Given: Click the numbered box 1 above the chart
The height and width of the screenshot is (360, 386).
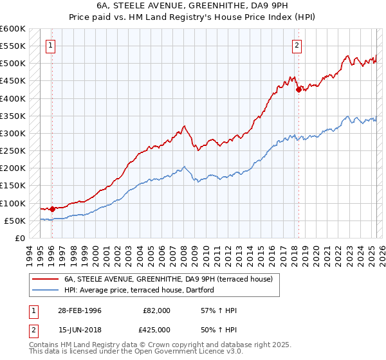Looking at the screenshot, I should click(x=50, y=45).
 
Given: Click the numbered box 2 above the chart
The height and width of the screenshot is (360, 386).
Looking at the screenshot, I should click(x=297, y=45).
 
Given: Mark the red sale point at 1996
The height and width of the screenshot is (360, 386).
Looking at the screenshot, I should click(x=52, y=209).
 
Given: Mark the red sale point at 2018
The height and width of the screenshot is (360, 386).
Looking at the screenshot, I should click(x=299, y=90).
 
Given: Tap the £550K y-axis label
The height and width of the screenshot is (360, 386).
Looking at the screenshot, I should click(x=13, y=46).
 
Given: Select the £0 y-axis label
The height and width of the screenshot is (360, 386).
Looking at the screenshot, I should click(x=20, y=238).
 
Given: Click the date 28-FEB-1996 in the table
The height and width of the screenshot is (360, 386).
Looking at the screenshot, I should click(x=79, y=310).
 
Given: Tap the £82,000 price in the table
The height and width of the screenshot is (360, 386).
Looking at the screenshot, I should click(x=156, y=310).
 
